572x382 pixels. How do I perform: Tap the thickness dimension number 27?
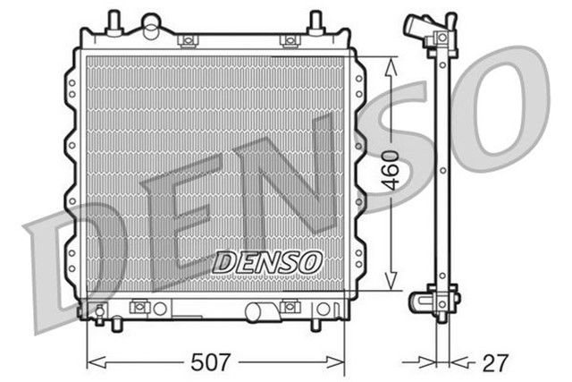495,362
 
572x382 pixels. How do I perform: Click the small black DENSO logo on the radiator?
266,262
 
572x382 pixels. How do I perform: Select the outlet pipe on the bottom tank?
262,311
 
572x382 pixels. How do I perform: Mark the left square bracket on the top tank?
187,40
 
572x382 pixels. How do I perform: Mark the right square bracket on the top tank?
289,40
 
